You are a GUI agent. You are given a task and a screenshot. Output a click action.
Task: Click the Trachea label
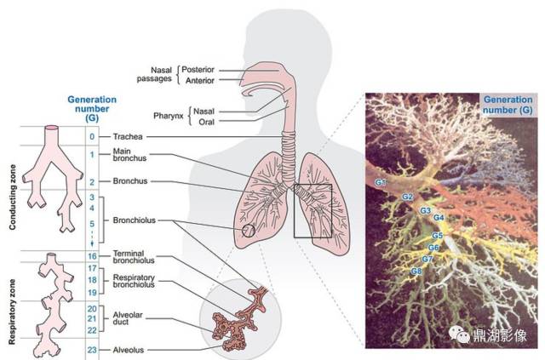point(128,136)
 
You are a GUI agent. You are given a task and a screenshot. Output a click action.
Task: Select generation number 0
point(92,136)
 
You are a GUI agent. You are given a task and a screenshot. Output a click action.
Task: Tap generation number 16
point(92,256)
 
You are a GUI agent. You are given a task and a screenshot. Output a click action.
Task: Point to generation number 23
point(92,350)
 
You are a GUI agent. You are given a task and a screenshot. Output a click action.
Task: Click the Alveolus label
point(129,350)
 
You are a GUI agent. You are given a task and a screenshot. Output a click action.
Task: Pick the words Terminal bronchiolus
point(134,257)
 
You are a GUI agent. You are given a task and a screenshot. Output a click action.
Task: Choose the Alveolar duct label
point(128,318)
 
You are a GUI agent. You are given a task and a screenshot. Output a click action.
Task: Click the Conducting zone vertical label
point(13,197)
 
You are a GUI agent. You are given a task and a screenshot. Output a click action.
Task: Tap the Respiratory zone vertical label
point(12,311)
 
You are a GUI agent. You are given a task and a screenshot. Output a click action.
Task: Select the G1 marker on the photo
point(381,182)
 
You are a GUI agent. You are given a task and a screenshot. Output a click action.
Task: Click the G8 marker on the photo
point(416,271)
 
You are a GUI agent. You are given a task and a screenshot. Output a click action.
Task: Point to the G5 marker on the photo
point(437,236)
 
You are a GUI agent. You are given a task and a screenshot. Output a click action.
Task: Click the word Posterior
point(198,70)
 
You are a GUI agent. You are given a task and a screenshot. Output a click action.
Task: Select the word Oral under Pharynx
point(206,122)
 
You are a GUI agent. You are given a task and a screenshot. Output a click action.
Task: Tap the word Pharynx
point(169,116)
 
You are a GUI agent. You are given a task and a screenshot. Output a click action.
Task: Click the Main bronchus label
point(129,155)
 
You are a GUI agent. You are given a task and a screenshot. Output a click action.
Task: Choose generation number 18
point(92,280)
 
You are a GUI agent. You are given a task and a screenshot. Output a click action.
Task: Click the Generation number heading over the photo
point(508,105)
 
